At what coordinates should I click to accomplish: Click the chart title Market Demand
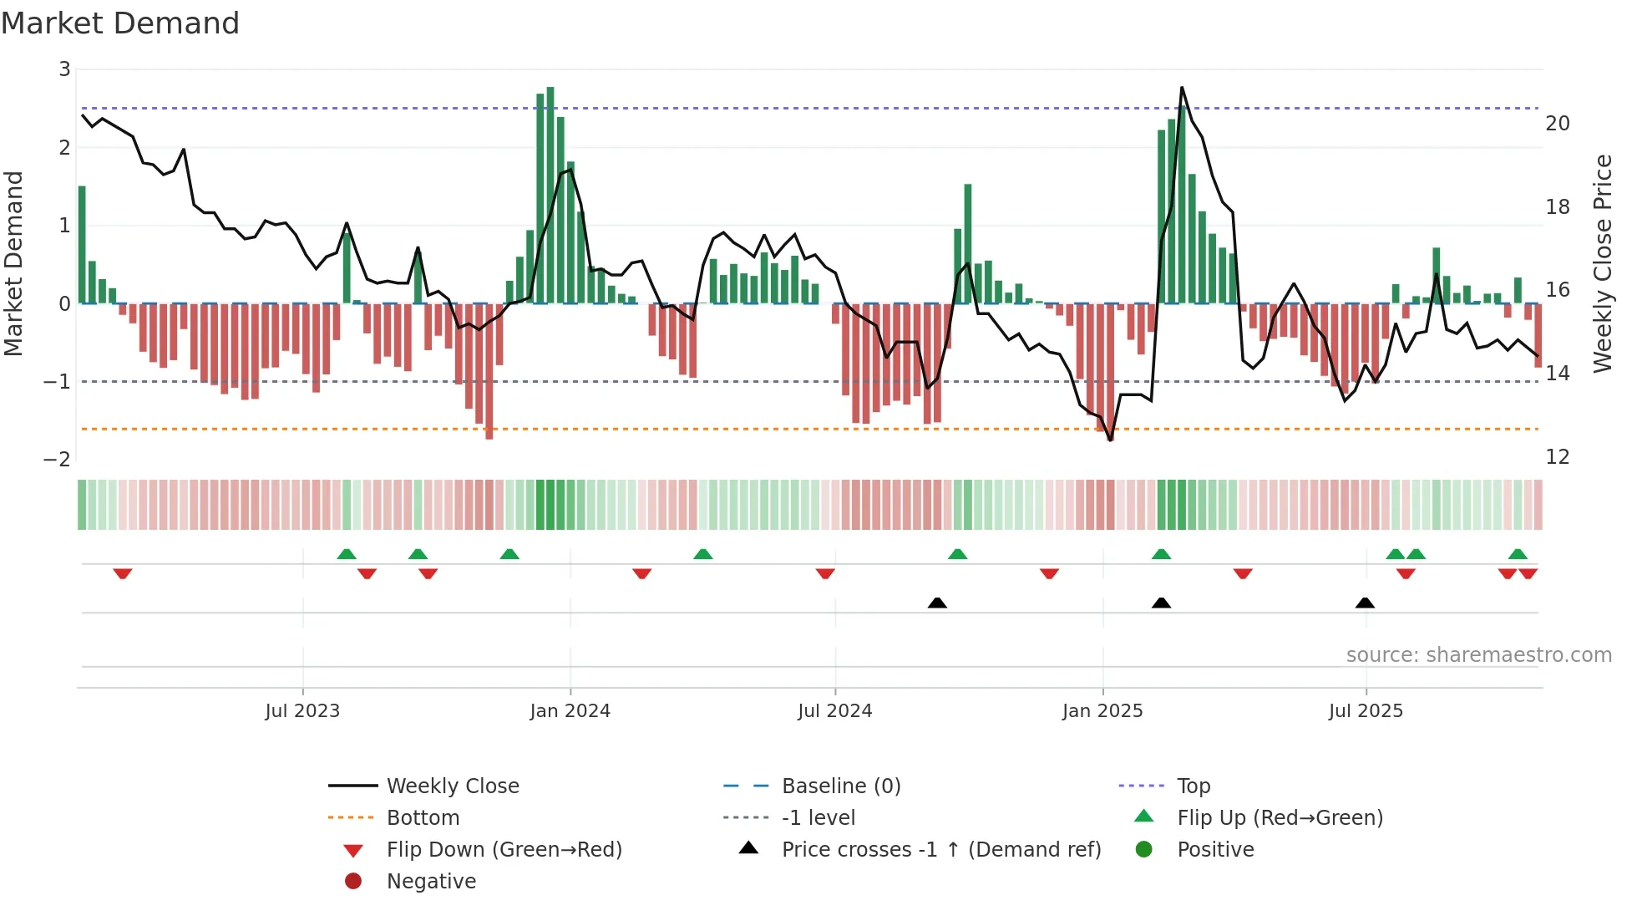pos(120,23)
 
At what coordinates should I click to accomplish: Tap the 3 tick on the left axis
pos(64,69)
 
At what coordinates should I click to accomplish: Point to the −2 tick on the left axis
pos(57,459)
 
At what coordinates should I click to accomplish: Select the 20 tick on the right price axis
pos(1558,124)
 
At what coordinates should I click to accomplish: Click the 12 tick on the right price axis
pos(1558,457)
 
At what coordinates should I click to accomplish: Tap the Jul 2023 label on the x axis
pos(302,711)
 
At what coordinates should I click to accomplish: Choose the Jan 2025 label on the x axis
pos(1102,711)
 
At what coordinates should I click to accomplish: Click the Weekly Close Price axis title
pos(1602,263)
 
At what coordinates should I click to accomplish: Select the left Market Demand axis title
pos(13,263)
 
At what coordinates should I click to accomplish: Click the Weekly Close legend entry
pos(452,786)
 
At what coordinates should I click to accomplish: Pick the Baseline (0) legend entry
pos(840,786)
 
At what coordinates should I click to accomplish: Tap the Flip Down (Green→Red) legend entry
pos(504,850)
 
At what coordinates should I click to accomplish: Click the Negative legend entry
pos(431,882)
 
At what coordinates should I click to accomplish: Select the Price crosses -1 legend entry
pos(940,850)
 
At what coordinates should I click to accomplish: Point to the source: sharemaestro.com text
pos(1478,655)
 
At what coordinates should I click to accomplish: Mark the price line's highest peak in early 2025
pos(1182,88)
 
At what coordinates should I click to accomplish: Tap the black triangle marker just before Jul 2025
pos(1365,603)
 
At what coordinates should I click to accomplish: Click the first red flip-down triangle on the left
pos(123,573)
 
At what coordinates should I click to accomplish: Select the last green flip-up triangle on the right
pos(1518,554)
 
